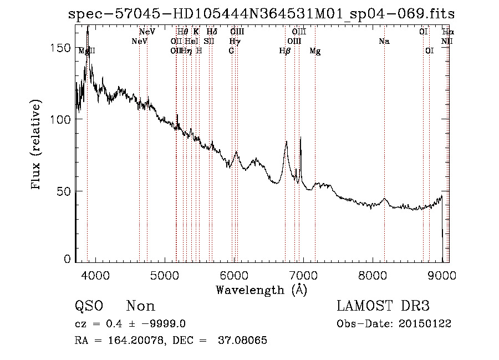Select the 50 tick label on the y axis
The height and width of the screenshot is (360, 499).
tap(65, 191)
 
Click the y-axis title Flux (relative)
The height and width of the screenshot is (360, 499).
tap(37, 145)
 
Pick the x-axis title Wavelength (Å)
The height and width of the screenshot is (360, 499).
tap(261, 290)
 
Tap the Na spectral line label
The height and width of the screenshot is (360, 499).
tap(384, 42)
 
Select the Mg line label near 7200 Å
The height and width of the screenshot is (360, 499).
tap(315, 51)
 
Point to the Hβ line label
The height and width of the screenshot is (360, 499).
tap(285, 51)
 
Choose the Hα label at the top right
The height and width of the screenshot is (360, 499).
tap(447, 32)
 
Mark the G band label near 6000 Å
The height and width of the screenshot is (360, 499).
tap(231, 51)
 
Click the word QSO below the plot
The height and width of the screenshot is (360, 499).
tap(88, 306)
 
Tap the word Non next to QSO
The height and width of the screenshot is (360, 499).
tap(140, 306)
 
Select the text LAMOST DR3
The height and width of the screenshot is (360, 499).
tap(383, 306)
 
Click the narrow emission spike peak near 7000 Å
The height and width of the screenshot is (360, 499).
tap(301, 138)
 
